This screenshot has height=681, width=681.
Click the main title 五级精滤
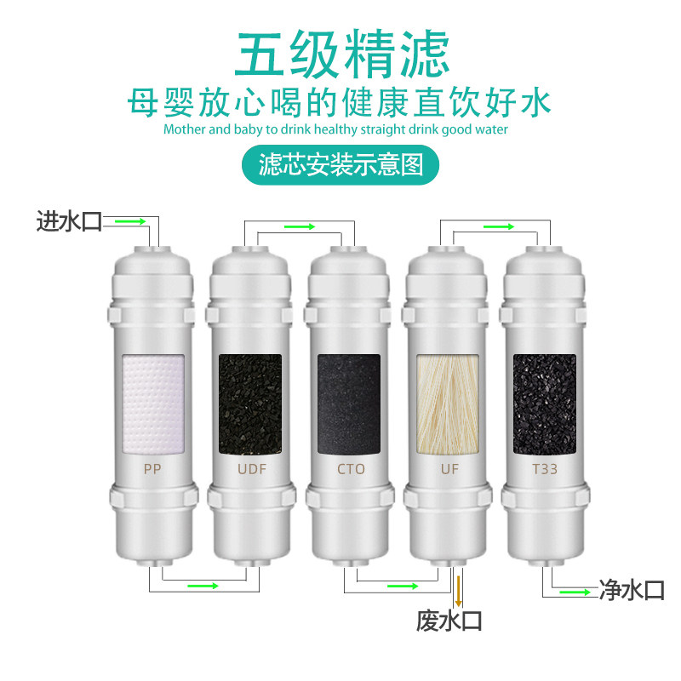(x=340, y=55)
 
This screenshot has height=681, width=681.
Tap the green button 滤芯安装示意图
(x=340, y=163)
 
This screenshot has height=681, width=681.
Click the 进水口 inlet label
(x=68, y=222)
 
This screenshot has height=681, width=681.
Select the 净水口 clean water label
(x=632, y=590)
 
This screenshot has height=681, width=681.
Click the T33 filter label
(x=544, y=468)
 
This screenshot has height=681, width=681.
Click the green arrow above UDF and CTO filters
(x=299, y=226)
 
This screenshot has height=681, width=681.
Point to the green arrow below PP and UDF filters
(x=203, y=586)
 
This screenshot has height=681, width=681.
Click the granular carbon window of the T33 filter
(x=544, y=402)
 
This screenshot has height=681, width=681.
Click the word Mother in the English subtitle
(x=185, y=129)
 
